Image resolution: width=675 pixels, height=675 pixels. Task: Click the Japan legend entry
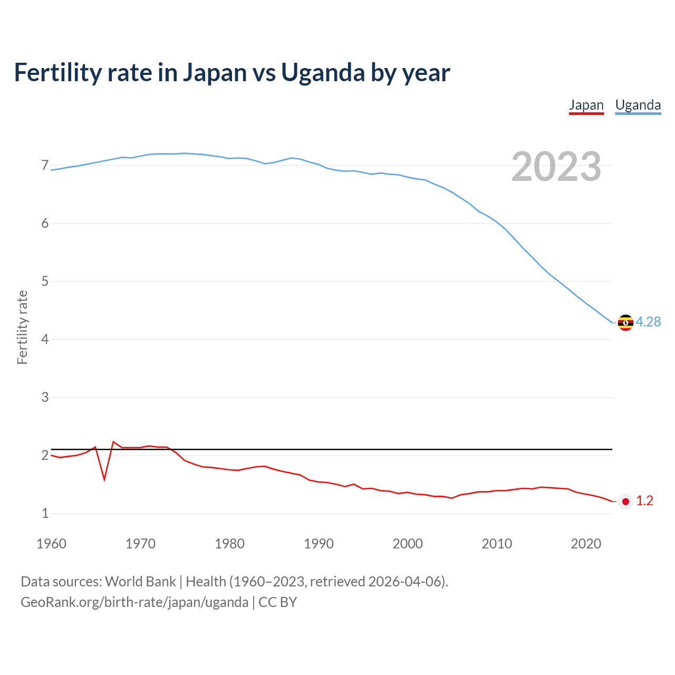(x=586, y=105)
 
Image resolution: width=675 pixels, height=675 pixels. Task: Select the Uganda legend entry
(x=638, y=105)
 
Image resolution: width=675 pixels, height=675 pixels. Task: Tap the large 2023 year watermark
(x=556, y=167)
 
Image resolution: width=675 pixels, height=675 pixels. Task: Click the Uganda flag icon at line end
(x=625, y=322)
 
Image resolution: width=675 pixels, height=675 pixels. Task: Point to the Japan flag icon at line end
(x=625, y=502)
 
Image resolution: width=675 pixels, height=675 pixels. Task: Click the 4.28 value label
(x=648, y=322)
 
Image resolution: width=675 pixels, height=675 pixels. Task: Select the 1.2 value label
(x=644, y=501)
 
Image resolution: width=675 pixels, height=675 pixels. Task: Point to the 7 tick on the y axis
(x=45, y=166)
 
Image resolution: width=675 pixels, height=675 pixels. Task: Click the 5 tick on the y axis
(x=45, y=281)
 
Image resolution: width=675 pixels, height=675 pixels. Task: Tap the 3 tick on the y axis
(x=45, y=397)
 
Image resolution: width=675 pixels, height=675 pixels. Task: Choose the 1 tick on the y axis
(x=45, y=513)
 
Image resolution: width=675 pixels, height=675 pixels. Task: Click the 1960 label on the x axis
(x=51, y=544)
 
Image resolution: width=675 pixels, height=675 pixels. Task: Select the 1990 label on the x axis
(x=319, y=544)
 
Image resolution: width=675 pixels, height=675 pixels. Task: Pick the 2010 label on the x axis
(x=497, y=544)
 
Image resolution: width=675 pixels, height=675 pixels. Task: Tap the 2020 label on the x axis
(x=586, y=544)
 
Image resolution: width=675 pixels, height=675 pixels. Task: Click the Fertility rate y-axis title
(x=22, y=327)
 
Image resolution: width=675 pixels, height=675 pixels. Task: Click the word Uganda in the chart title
(x=322, y=73)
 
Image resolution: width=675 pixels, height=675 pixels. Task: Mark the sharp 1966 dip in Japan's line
(x=104, y=479)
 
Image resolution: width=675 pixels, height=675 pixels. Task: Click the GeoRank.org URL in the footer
(x=134, y=602)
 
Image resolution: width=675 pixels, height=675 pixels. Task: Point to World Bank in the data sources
(x=140, y=582)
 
